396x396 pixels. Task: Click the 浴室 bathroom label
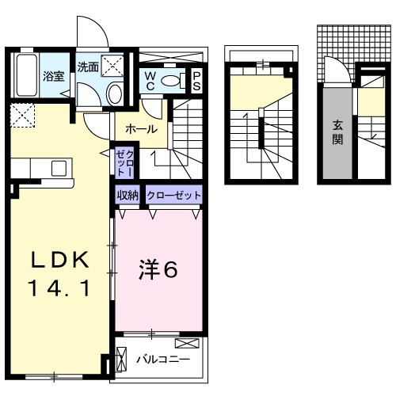(x=53, y=77)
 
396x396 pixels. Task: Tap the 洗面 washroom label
(x=88, y=67)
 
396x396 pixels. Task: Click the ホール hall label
(x=140, y=128)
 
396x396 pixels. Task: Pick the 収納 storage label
(x=128, y=195)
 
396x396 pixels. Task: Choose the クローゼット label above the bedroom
(x=173, y=195)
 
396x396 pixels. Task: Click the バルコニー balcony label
(x=162, y=359)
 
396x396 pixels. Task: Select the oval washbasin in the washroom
(x=114, y=94)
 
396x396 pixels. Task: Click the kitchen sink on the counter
(x=58, y=169)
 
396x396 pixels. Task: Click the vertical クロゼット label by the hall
(x=124, y=162)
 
